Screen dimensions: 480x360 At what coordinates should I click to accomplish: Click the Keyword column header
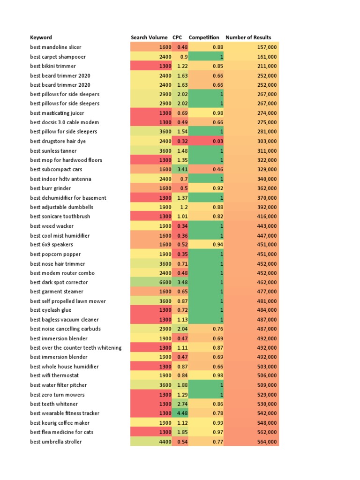click(x=41, y=37)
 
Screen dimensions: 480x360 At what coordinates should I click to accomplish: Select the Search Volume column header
click(x=149, y=37)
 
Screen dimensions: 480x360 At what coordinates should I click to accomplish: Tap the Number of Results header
click(x=248, y=37)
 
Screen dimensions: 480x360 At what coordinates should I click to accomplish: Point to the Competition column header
click(x=204, y=37)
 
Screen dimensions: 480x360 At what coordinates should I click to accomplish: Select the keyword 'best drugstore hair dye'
click(x=58, y=141)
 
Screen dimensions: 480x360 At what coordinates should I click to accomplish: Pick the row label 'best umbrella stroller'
click(x=56, y=442)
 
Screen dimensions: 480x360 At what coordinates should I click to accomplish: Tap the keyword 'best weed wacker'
click(x=52, y=226)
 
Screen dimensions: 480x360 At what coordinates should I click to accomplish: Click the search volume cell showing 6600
click(x=165, y=282)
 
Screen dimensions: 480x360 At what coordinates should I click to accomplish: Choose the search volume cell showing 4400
click(x=165, y=442)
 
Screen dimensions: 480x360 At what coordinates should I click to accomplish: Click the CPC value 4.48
click(x=182, y=413)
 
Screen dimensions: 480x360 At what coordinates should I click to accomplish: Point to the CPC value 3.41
click(x=182, y=169)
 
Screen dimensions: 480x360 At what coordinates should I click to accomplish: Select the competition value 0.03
click(x=217, y=141)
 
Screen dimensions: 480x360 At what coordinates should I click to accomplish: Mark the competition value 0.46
click(x=217, y=169)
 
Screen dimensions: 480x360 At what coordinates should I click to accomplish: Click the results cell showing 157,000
click(x=267, y=47)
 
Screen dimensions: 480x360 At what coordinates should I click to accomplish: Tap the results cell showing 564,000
click(x=267, y=442)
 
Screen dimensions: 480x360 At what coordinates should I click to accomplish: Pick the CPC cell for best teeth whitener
click(x=182, y=404)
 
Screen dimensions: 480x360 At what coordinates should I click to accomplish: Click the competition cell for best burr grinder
click(x=217, y=188)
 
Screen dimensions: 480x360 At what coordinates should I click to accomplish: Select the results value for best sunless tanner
click(x=267, y=150)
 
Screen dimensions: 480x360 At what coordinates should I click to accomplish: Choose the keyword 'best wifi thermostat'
click(x=54, y=376)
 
